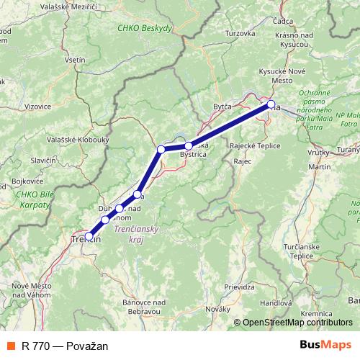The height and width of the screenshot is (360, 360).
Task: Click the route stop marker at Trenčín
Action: coord(89,236)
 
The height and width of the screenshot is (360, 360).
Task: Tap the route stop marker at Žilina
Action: coord(271,105)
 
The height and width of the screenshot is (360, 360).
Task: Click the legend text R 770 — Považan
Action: coord(65,346)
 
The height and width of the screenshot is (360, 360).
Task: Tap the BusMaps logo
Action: coord(325,346)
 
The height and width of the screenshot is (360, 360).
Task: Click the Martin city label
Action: coord(318,166)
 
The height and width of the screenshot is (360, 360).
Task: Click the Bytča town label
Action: coord(222,107)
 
